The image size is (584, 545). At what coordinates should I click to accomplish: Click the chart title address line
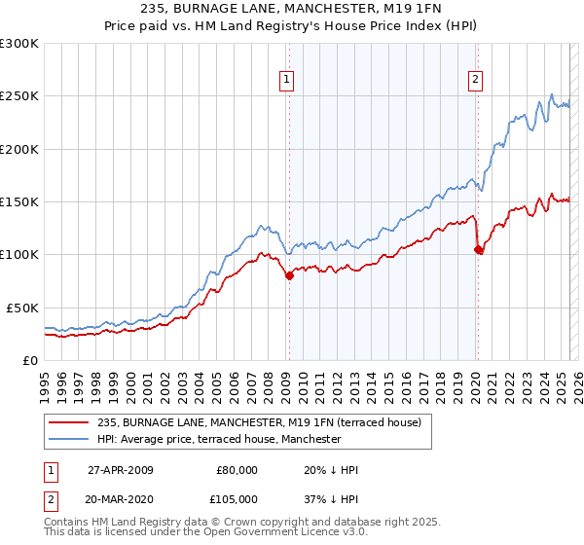click(x=291, y=9)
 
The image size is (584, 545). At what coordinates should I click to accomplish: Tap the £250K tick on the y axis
click(x=20, y=96)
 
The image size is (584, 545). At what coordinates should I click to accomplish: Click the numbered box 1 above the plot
click(x=288, y=81)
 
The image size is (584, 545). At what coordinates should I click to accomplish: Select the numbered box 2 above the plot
click(x=476, y=81)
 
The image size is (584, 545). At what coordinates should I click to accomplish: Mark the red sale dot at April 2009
click(x=289, y=276)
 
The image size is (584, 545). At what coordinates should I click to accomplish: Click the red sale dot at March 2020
click(x=478, y=250)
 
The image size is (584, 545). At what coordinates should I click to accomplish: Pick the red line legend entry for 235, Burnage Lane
click(x=258, y=422)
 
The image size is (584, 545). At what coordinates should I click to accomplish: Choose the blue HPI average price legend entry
click(x=219, y=439)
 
